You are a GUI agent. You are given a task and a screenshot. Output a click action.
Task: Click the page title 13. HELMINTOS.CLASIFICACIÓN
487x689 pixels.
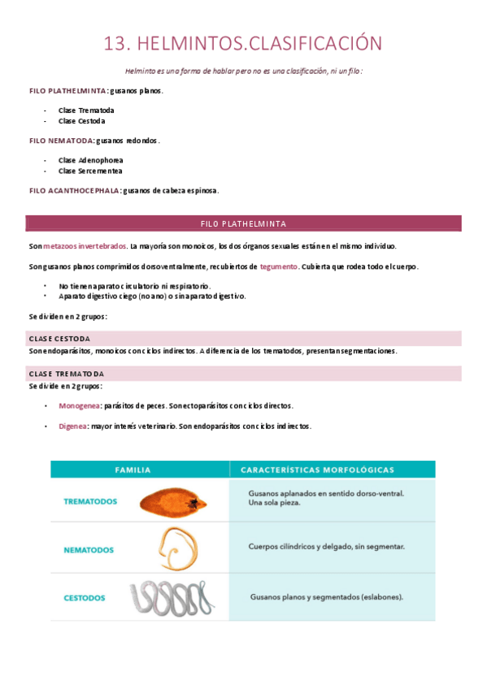243,43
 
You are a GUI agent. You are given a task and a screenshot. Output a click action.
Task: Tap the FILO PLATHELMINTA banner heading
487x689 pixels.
243,223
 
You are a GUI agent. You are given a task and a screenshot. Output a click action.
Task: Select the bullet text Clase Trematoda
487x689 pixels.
86,110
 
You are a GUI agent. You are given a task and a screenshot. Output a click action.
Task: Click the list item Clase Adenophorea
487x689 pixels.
90,160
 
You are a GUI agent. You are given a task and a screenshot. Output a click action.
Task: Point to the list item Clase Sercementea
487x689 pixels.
90,171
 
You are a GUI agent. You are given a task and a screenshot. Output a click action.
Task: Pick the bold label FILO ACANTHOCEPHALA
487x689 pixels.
74,190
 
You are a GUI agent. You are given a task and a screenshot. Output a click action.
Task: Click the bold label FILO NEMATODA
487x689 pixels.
61,140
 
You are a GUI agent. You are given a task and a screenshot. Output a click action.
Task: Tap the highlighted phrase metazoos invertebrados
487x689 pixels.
85,245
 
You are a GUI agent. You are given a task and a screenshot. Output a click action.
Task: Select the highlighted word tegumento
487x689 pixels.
279,266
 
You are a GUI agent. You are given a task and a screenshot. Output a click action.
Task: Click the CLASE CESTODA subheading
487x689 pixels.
59,338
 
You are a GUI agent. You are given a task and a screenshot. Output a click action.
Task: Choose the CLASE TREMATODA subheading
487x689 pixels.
67,373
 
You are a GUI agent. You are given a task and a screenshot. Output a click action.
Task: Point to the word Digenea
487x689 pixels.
72,426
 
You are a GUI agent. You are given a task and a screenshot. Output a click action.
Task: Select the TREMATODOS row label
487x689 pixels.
90,501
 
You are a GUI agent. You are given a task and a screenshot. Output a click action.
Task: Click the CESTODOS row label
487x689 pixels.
85,598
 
